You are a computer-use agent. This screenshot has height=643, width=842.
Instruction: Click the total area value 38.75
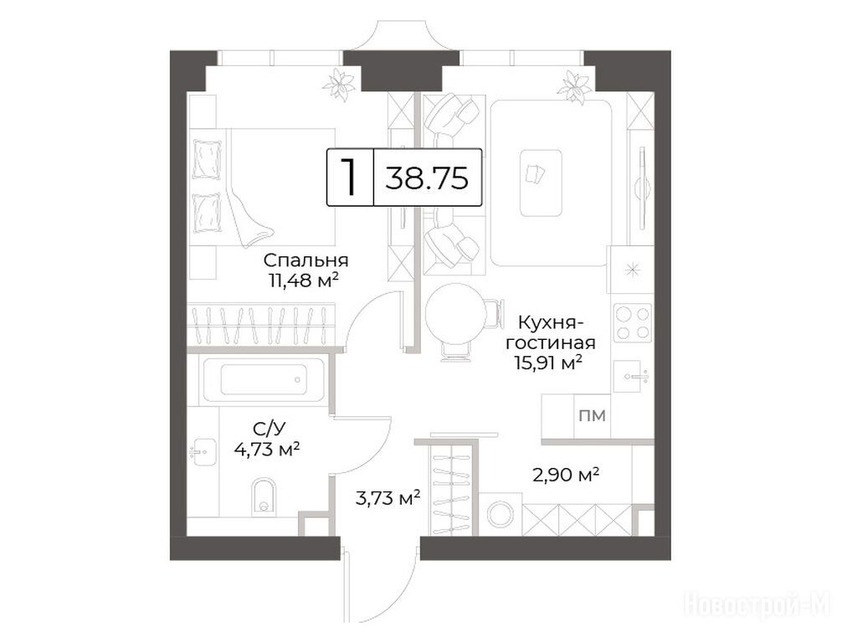click(x=426, y=177)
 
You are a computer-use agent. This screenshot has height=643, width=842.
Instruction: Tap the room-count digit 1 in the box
click(x=350, y=177)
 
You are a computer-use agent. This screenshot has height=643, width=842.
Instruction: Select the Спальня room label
click(x=305, y=260)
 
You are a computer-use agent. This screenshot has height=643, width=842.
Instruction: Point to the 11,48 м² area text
click(x=303, y=280)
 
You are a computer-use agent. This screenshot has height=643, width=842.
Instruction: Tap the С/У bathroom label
click(x=268, y=429)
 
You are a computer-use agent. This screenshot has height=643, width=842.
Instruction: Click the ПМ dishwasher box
click(x=593, y=416)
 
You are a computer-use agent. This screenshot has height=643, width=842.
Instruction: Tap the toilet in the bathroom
click(x=263, y=494)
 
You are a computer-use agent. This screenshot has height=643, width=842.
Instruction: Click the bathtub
click(x=263, y=381)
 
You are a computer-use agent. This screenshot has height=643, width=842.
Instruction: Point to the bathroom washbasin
click(x=203, y=452)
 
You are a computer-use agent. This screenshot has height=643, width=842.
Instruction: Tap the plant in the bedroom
click(x=339, y=85)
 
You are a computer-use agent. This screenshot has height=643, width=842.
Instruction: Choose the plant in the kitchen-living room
click(x=575, y=87)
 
